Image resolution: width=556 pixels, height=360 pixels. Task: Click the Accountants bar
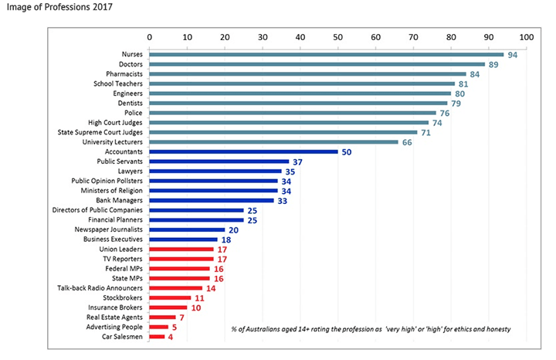[243, 152]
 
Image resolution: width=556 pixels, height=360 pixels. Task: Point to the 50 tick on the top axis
[337, 36]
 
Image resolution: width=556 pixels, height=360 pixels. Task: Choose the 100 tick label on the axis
[526, 36]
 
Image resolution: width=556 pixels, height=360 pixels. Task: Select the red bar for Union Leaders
[181, 250]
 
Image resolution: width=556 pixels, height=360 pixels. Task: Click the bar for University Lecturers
[273, 142]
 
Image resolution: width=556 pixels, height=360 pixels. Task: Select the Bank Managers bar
[211, 201]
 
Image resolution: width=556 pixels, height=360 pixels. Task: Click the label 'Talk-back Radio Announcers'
[102, 288]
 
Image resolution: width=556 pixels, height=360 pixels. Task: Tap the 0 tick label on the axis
[149, 36]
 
